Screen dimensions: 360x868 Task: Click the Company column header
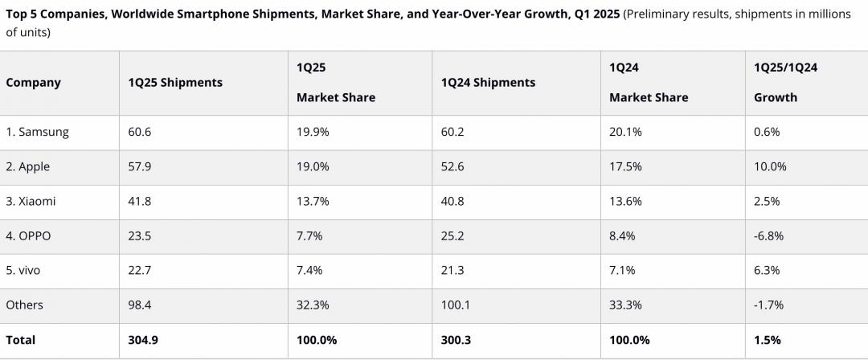pyautogui.click(x=33, y=83)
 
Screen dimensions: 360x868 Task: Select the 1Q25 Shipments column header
pyautogui.click(x=175, y=83)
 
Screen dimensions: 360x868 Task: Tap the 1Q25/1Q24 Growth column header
pyautogui.click(x=785, y=82)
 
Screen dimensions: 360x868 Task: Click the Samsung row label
pyautogui.click(x=37, y=132)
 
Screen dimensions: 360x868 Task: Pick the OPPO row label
pyautogui.click(x=30, y=235)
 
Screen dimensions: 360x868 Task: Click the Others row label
pyautogui.click(x=24, y=305)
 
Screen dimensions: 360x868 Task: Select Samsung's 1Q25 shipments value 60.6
pyautogui.click(x=140, y=132)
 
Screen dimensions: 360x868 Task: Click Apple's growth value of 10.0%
pyautogui.click(x=770, y=166)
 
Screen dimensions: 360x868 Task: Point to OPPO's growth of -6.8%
pyautogui.click(x=768, y=235)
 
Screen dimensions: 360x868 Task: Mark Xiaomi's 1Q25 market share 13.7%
pyautogui.click(x=313, y=201)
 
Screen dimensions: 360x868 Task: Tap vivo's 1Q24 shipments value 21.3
pyautogui.click(x=452, y=270)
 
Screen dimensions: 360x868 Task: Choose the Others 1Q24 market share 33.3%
pyautogui.click(x=625, y=305)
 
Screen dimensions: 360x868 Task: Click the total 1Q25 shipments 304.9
pyautogui.click(x=143, y=340)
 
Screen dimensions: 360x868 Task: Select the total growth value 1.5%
pyautogui.click(x=767, y=340)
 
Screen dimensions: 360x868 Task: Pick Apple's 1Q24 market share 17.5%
pyautogui.click(x=625, y=166)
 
